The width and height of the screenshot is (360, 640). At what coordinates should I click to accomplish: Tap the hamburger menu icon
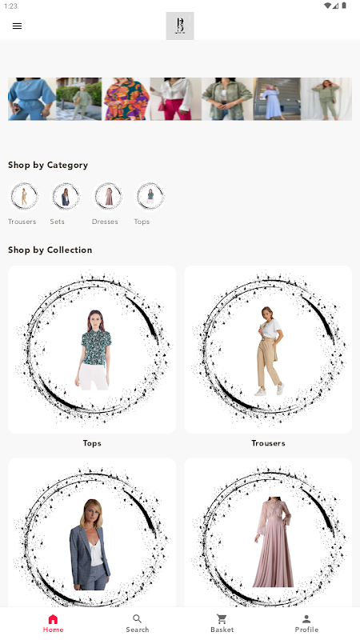(17, 26)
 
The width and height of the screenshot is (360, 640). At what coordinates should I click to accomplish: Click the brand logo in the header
(179, 26)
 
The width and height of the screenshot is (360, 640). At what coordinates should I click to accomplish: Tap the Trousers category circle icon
(24, 196)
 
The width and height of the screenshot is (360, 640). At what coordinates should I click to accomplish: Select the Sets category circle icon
(66, 196)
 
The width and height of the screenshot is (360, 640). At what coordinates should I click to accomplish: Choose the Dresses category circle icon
(108, 196)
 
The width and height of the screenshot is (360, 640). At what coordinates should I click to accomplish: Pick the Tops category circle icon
(150, 196)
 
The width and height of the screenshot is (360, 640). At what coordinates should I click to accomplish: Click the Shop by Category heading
(48, 166)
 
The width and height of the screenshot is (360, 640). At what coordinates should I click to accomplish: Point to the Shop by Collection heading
(50, 250)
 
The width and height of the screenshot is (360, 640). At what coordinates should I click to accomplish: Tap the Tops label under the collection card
(92, 443)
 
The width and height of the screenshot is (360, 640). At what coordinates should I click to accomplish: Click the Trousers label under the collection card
(268, 443)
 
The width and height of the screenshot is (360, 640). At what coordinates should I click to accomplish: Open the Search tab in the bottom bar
(138, 624)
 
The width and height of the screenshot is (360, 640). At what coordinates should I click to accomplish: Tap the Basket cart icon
(222, 619)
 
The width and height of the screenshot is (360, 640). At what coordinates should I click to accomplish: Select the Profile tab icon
(306, 619)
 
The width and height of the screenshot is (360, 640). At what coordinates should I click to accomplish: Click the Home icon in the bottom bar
(53, 619)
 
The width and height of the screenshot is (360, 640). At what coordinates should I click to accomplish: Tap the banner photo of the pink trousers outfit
(175, 99)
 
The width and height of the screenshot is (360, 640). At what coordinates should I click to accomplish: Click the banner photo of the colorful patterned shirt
(126, 99)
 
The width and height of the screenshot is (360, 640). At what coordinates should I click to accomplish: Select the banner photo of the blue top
(32, 99)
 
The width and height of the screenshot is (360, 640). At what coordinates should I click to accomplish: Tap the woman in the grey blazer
(90, 544)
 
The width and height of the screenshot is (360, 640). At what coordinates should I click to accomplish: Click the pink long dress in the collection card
(273, 542)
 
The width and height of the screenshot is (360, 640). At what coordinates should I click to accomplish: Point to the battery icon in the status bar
(344, 6)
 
